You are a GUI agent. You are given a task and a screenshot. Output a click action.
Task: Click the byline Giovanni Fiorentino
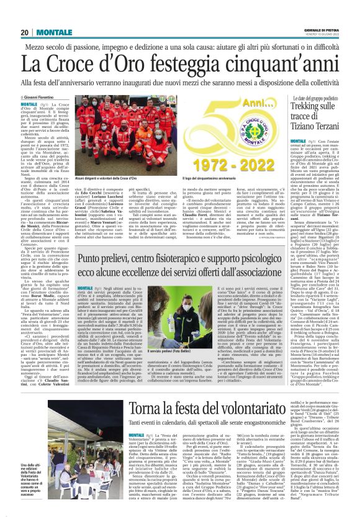[38, 98]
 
